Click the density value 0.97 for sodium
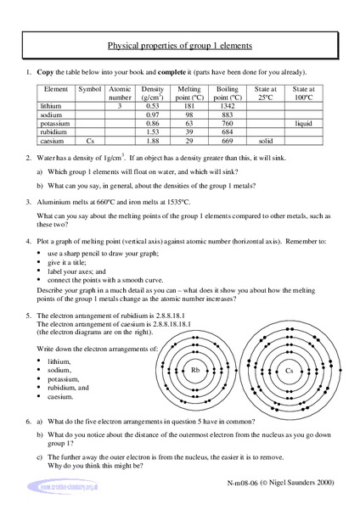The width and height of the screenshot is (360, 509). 154,115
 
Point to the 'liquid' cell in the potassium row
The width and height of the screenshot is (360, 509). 304,124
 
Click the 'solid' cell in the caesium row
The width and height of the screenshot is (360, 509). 265,143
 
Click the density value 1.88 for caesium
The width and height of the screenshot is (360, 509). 154,143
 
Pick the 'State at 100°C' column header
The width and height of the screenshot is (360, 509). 304,92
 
